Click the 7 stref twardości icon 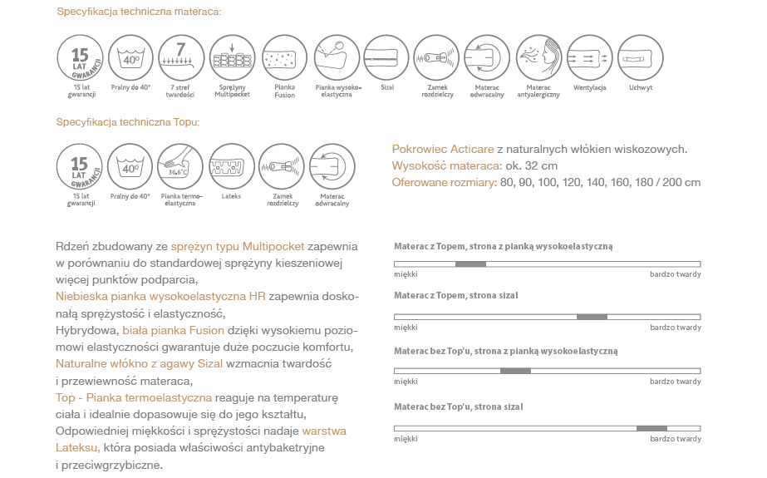181,57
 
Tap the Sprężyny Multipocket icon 233,57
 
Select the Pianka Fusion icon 284,57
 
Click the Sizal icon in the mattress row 386,57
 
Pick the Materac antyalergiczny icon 538,57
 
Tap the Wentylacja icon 589,57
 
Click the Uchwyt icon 640,57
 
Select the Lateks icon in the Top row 232,166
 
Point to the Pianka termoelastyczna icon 181,166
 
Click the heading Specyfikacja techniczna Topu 128,122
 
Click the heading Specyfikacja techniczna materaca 139,12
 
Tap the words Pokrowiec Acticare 443,150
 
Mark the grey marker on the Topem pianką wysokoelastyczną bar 470,264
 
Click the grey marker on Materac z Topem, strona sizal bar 592,317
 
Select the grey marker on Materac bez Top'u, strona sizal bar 651,428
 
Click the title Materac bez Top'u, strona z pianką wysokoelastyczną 505,352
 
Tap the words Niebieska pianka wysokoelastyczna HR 161,296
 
